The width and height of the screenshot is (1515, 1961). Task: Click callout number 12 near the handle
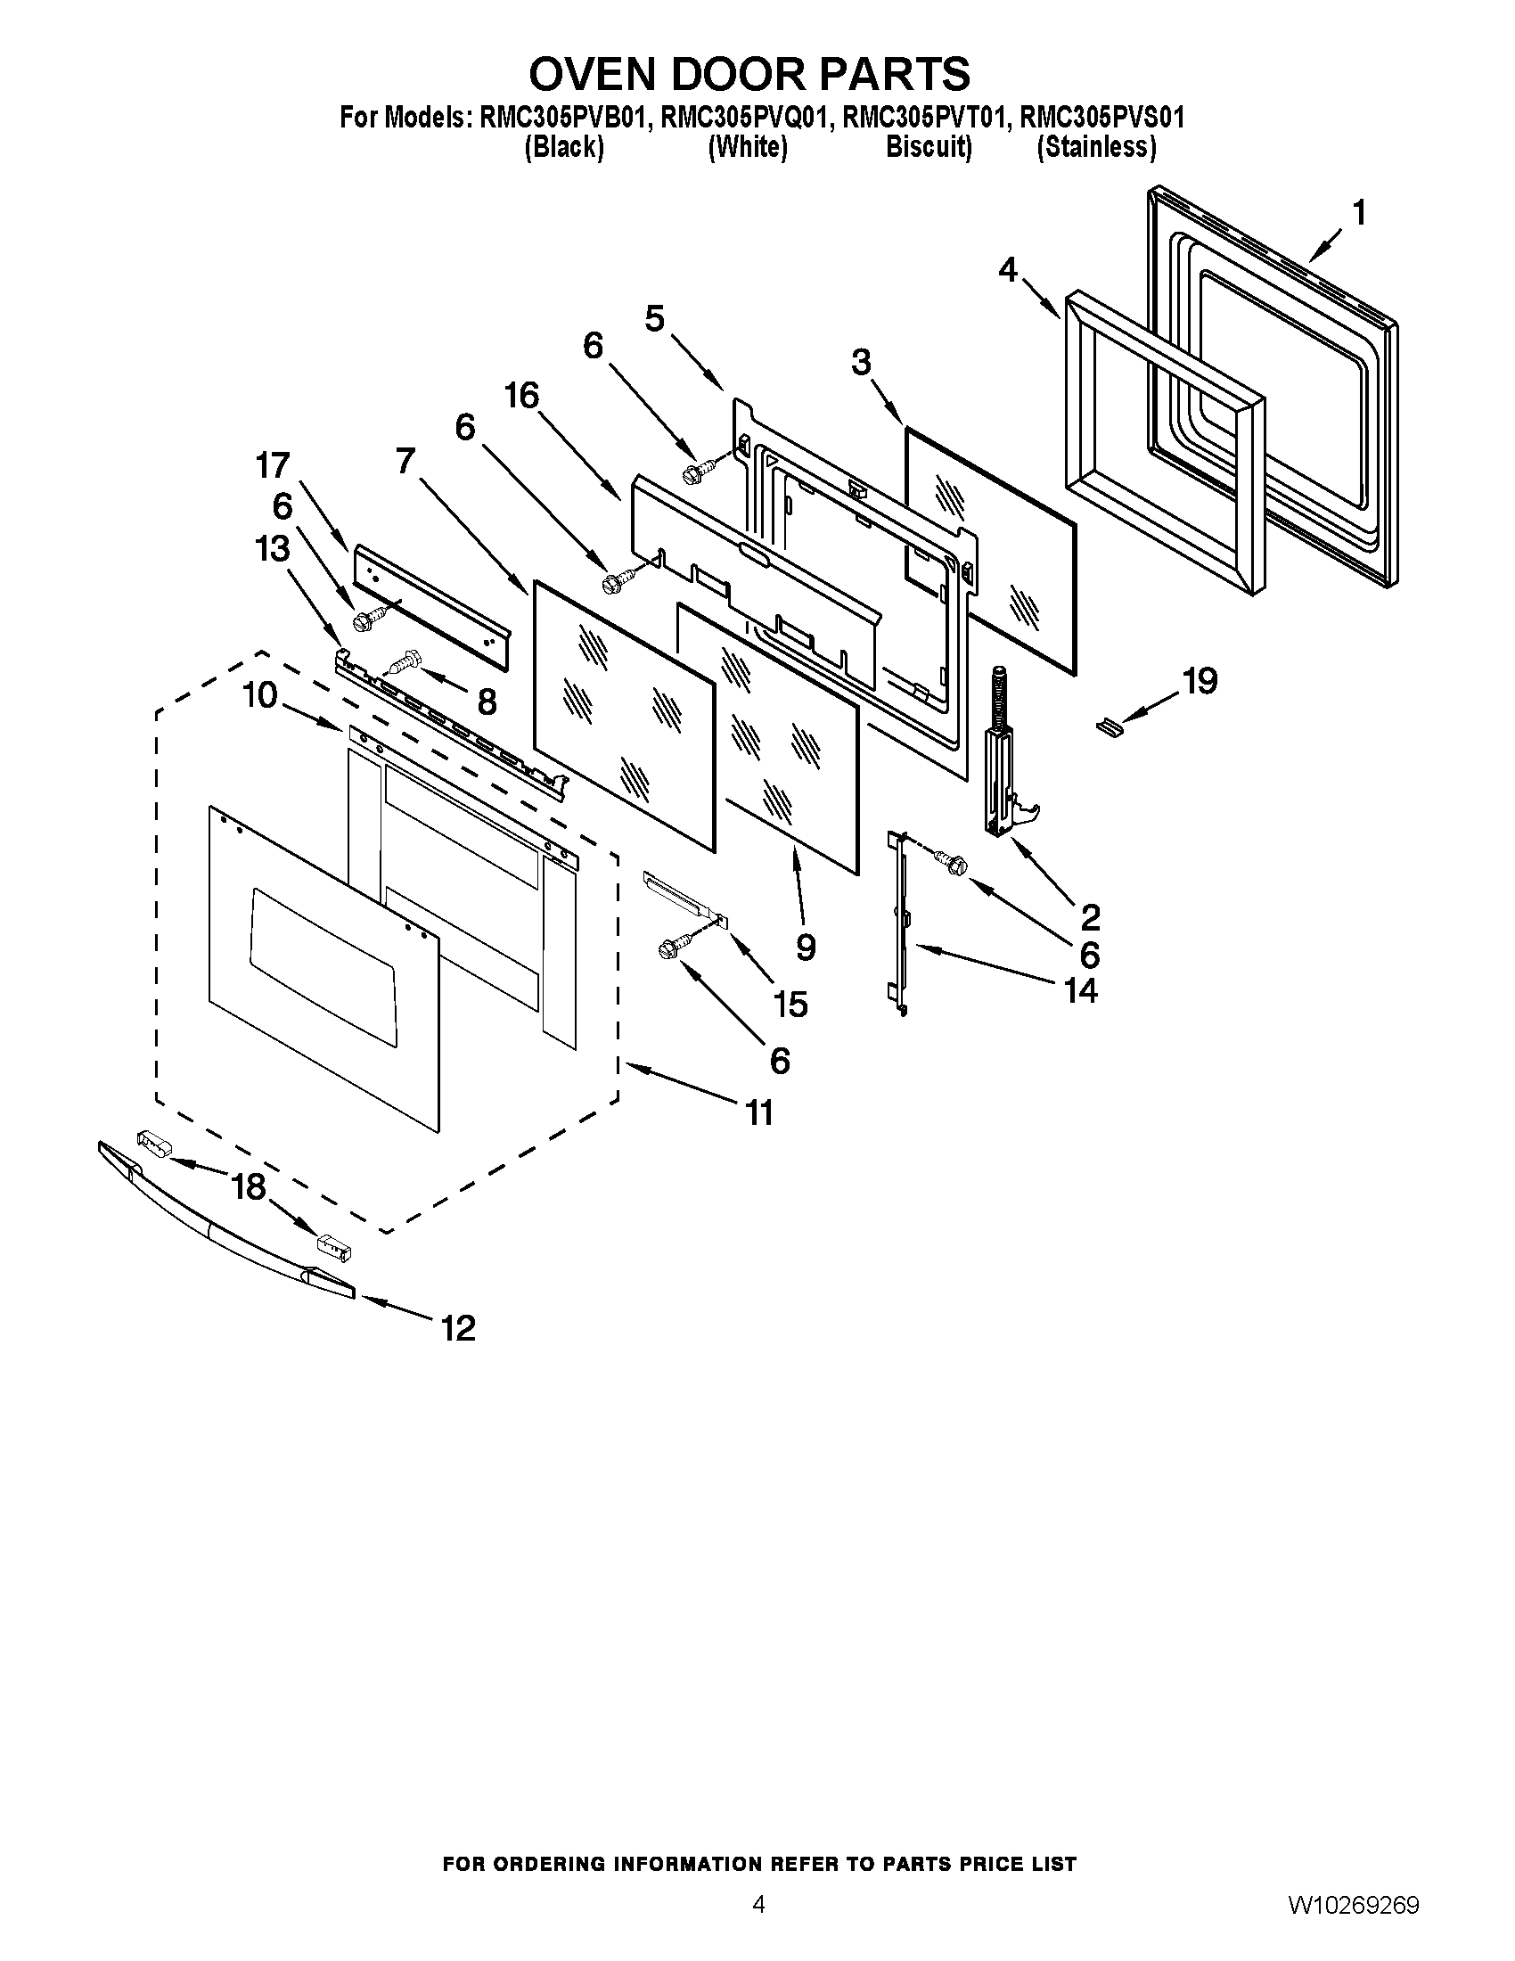[x=458, y=1327]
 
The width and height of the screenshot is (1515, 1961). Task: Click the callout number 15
[x=790, y=1004]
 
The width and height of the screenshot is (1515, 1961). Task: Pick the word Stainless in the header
[x=1096, y=146]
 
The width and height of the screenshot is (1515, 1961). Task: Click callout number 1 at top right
[x=1359, y=214]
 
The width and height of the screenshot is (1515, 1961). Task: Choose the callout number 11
[x=759, y=1113]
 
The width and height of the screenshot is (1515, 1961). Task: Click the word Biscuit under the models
[x=928, y=146]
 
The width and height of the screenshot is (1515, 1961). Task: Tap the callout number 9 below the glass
[x=805, y=947]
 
